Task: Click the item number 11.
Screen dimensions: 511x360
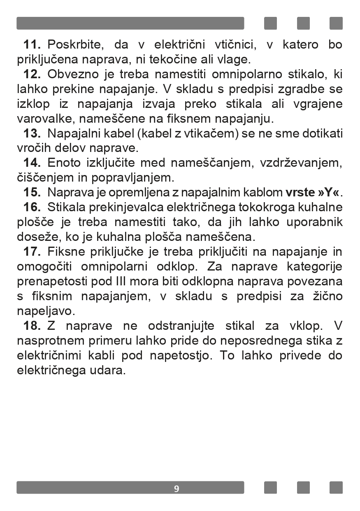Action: (x=32, y=44)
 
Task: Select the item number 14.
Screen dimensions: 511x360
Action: (x=32, y=163)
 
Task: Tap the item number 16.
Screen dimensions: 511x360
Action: (x=32, y=207)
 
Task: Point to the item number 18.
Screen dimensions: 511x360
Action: (x=32, y=326)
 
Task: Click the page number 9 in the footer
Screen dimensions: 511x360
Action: (x=177, y=489)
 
